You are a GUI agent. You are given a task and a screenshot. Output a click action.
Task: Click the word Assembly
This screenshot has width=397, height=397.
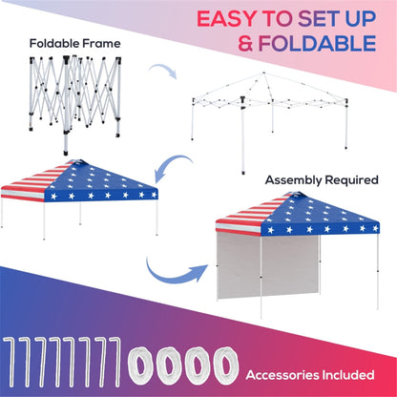[293, 178]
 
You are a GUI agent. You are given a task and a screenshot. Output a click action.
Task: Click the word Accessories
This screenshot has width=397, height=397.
[282, 373]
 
